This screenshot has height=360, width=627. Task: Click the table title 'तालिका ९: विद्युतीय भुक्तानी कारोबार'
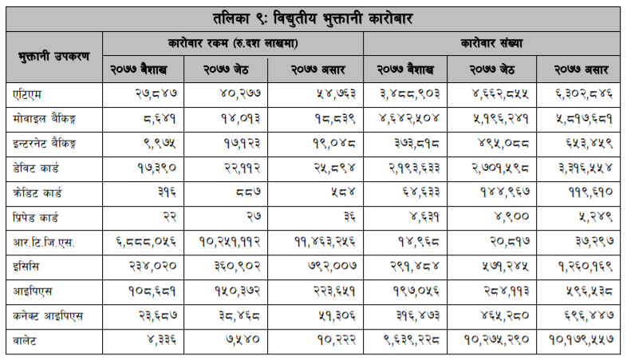pos(313,16)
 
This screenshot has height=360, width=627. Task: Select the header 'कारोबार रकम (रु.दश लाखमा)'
pos(233,42)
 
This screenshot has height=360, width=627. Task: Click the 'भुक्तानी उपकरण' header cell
pos(54,56)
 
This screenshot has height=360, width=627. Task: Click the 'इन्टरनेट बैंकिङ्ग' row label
pos(53,144)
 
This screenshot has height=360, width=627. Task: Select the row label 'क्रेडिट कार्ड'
pos(41,193)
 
